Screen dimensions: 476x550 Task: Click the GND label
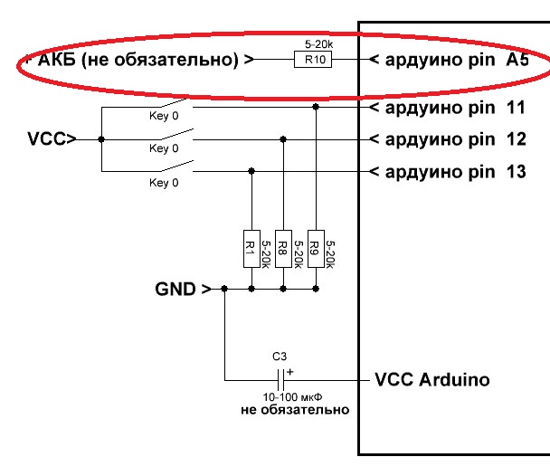175,290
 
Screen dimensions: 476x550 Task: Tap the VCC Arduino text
431,379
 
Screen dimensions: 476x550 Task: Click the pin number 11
517,109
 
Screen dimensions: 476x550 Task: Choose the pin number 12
517,139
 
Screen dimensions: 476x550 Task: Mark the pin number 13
517,171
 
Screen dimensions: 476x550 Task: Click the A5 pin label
517,61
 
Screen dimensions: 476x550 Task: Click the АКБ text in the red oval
56,61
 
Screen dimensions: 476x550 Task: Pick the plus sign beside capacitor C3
289,370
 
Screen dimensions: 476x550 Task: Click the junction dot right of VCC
101,139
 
